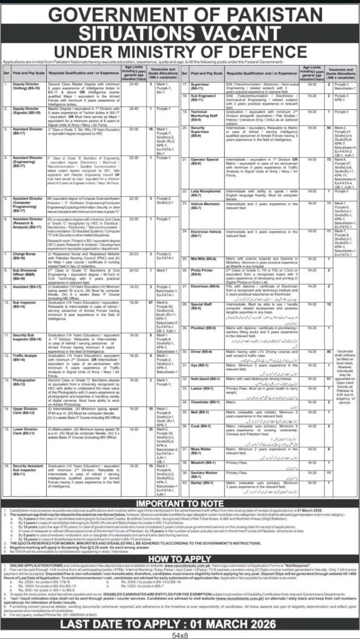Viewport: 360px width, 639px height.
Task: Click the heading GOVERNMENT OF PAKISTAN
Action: pyautogui.click(x=180, y=14)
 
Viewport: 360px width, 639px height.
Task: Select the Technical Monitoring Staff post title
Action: pyautogui.click(x=207, y=113)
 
